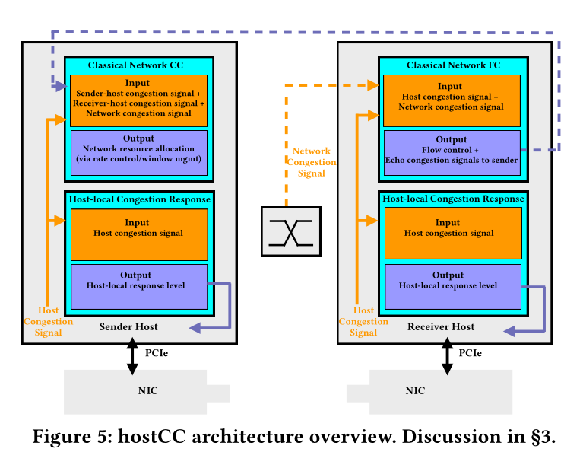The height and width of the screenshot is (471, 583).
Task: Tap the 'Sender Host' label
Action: click(x=129, y=326)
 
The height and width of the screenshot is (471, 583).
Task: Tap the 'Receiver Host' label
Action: click(x=442, y=326)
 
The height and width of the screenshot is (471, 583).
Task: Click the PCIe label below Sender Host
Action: click(x=157, y=352)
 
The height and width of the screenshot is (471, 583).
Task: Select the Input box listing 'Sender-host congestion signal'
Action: click(x=138, y=99)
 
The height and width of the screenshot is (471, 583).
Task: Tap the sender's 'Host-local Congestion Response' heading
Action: click(x=139, y=199)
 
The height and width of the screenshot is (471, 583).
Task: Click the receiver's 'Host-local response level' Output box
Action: click(x=452, y=285)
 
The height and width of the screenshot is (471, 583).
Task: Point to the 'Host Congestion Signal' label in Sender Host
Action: click(x=48, y=322)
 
